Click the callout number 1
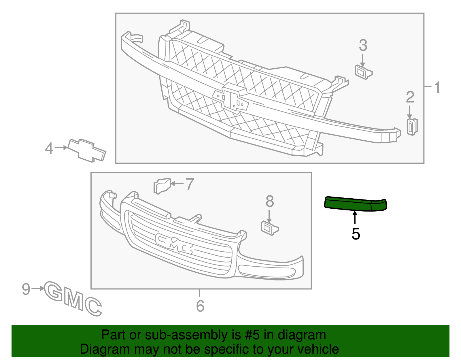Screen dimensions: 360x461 [437, 87]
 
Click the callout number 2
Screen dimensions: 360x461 [410, 97]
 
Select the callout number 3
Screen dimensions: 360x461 [363, 46]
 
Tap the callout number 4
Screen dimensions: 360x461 [49, 148]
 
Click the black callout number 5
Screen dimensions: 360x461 [356, 234]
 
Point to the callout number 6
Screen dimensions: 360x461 [200, 306]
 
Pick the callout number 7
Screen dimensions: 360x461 [189, 184]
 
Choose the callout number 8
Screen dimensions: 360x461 [269, 201]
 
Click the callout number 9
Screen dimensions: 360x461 [26, 289]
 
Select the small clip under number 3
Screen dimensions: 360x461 [363, 72]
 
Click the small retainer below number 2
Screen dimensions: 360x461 [412, 127]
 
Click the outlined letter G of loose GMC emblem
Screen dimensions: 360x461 [54, 291]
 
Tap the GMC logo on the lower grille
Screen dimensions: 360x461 [174, 244]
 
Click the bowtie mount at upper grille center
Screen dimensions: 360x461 [231, 98]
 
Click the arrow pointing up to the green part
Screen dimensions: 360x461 [355, 218]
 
